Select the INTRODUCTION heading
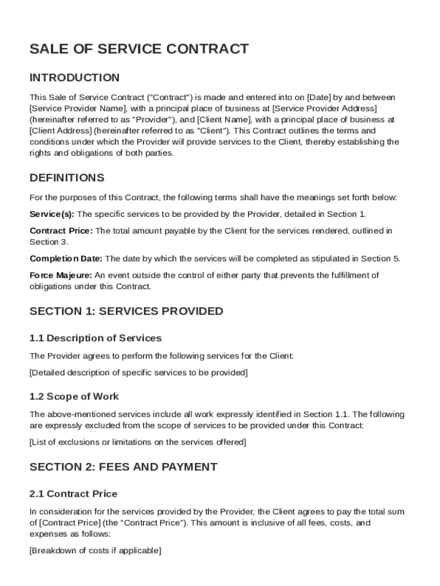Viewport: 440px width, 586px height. (x=74, y=77)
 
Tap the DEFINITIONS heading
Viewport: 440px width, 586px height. (x=67, y=177)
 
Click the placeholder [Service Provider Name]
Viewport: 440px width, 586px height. (x=78, y=108)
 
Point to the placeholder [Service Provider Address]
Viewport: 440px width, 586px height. (x=325, y=108)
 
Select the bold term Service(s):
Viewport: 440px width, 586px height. (x=52, y=214)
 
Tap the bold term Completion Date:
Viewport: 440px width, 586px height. (x=66, y=259)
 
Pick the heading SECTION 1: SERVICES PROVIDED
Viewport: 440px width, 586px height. (x=126, y=311)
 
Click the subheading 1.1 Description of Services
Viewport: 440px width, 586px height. (x=95, y=338)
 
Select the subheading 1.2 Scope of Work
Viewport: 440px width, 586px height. (x=74, y=397)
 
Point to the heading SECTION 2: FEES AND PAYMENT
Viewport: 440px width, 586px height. (x=123, y=467)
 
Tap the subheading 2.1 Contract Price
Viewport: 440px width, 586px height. (x=73, y=494)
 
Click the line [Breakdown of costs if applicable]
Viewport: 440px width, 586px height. (x=95, y=551)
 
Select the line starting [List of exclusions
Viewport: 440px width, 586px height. (x=138, y=442)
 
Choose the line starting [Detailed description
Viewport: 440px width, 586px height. (x=138, y=373)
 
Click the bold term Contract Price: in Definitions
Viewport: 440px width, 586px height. (x=61, y=231)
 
